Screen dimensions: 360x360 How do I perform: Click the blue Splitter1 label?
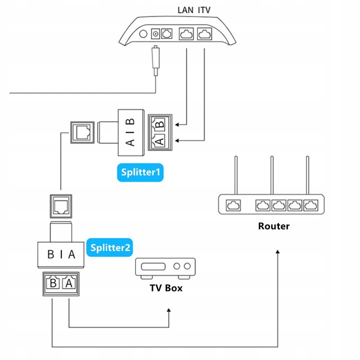140,172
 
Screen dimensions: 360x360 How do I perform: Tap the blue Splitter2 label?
110,247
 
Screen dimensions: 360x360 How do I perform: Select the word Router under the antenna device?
273,226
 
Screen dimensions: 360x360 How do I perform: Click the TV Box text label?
166,288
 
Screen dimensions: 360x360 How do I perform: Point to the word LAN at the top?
186,9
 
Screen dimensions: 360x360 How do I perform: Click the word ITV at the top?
205,9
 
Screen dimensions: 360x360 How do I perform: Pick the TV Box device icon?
165,267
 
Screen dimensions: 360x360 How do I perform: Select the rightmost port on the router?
310,205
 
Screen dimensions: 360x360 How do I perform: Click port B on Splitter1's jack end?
159,122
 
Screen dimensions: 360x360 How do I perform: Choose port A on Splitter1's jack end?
159,141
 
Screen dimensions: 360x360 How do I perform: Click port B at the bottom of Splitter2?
52,283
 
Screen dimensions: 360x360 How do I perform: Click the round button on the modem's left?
144,34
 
